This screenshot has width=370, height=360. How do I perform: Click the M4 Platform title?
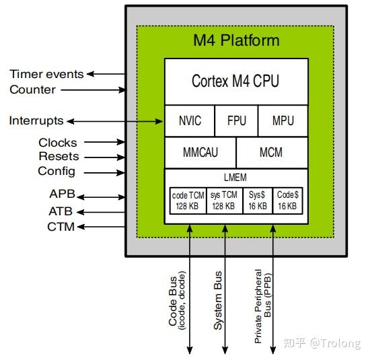(235, 40)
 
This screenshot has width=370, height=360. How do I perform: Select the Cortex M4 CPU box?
(235, 81)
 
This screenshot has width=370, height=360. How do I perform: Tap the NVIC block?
(190, 121)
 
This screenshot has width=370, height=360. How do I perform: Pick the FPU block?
(236, 121)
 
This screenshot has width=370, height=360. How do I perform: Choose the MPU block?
(283, 121)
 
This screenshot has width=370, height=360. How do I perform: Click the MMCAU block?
(200, 153)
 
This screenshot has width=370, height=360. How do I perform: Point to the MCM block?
(272, 153)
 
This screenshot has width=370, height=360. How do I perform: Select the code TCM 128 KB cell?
(187, 200)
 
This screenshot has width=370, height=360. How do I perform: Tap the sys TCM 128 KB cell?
(224, 200)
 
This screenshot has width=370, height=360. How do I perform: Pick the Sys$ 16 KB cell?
(258, 200)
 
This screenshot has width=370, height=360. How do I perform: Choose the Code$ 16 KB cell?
(287, 200)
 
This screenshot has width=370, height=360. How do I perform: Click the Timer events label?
(46, 74)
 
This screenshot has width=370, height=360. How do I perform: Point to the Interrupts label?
(36, 121)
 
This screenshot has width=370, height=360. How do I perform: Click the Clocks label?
(58, 143)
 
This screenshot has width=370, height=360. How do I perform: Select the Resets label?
(58, 157)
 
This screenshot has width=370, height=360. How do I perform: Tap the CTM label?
(61, 227)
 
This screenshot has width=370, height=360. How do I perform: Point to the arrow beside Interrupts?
(114, 121)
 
